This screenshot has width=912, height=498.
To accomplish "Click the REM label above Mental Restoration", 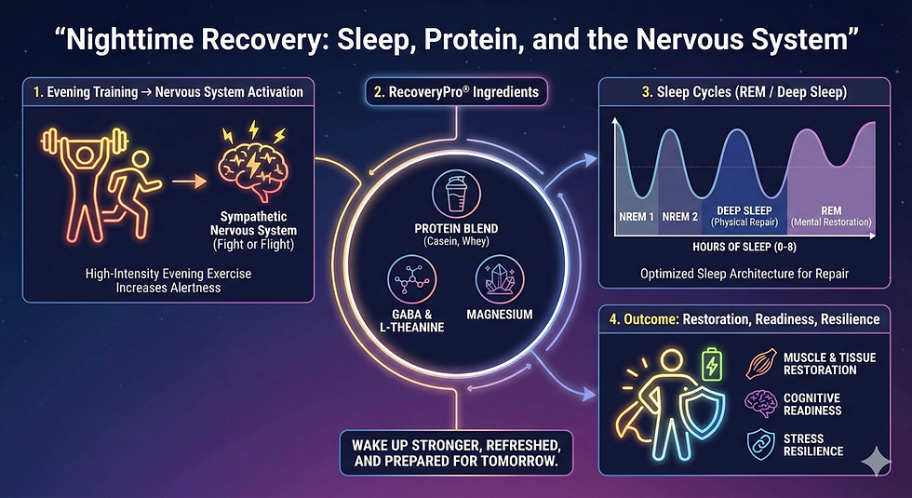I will pyautogui.click(x=830, y=210).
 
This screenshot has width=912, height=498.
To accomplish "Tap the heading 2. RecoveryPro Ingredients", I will pyautogui.click(x=456, y=92).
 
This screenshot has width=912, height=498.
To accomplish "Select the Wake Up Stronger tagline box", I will pyautogui.click(x=455, y=451).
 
